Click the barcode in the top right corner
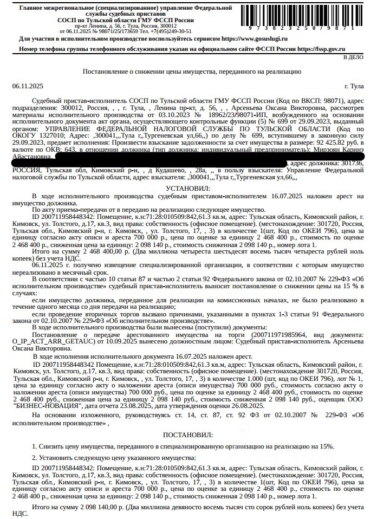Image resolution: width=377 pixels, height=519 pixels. [306, 16]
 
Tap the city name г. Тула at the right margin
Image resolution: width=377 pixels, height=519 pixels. [354, 87]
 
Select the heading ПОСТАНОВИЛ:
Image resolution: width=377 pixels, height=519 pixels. [188, 434]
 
